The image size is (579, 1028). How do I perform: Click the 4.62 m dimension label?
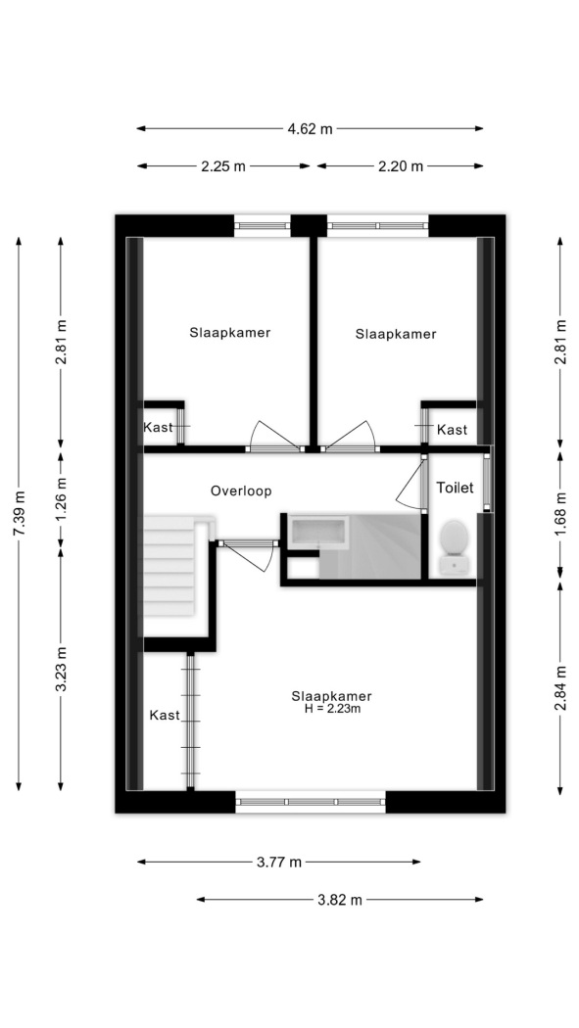(x=310, y=129)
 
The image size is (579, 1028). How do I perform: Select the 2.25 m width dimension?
(x=223, y=166)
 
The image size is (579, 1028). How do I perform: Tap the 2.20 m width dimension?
(x=401, y=166)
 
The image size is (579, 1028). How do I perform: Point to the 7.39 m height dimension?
(x=19, y=513)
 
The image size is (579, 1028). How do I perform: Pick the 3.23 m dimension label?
(x=61, y=669)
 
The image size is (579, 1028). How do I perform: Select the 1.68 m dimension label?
(x=560, y=513)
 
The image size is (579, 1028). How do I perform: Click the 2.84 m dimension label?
(x=560, y=687)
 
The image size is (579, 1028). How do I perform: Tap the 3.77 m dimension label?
(x=278, y=863)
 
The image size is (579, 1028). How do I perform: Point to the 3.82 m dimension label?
(x=340, y=900)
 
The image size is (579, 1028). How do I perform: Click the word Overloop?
(x=241, y=491)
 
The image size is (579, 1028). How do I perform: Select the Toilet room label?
(x=456, y=488)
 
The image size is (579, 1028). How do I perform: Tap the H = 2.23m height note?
(x=332, y=709)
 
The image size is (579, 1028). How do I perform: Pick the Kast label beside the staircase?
(x=165, y=716)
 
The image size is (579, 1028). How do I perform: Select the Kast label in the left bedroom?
(x=158, y=428)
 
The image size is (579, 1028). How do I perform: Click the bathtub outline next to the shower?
(x=318, y=531)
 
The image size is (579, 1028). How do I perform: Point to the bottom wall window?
(x=311, y=801)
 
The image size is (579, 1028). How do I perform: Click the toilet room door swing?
(x=411, y=482)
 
